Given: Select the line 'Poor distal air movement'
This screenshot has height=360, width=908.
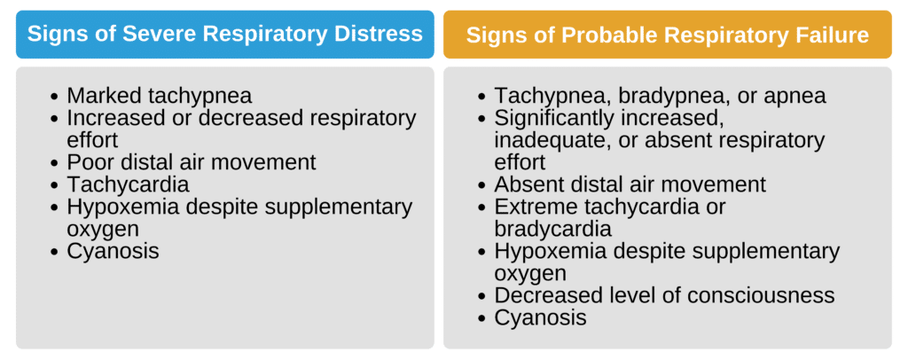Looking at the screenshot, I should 191,162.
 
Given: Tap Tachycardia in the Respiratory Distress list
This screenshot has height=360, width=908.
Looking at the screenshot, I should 128,184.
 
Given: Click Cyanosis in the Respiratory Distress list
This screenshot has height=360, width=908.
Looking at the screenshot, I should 113,251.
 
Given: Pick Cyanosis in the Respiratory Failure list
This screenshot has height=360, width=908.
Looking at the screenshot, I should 540,317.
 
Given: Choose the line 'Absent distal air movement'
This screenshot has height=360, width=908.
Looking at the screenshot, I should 630,184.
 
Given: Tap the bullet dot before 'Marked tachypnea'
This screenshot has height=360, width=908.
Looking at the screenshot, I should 57,96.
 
